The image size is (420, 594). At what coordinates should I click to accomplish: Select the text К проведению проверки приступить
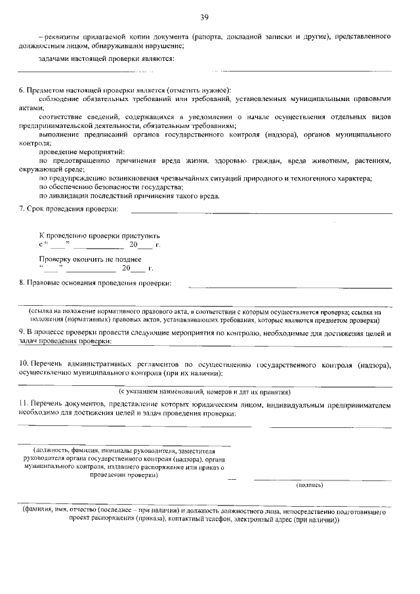click(99, 235)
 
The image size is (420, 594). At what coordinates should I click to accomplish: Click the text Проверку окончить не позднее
click(90, 259)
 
